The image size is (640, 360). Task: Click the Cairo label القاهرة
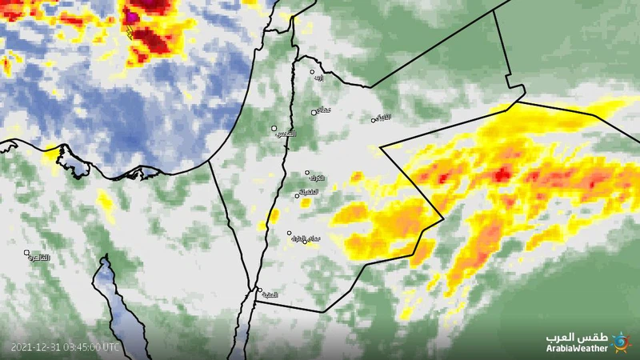click(x=38, y=258)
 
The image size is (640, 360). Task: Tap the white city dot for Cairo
click(x=26, y=253)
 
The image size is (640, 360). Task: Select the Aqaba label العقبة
click(x=270, y=295)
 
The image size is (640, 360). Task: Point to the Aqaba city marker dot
click(x=259, y=290)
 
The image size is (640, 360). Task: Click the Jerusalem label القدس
click(x=285, y=133)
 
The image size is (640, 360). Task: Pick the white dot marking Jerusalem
click(x=274, y=128)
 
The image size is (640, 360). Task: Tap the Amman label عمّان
click(x=324, y=109)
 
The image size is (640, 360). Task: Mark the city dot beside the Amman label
click(x=314, y=112)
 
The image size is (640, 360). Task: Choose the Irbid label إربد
click(x=319, y=78)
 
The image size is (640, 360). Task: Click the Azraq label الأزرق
click(x=384, y=118)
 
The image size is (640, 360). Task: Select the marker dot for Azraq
click(x=373, y=120)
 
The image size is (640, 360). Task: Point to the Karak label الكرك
click(x=318, y=178)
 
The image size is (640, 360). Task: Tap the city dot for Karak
click(x=306, y=172)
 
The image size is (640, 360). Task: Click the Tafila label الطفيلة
click(x=308, y=192)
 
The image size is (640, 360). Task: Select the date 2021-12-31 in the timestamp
click(x=38, y=347)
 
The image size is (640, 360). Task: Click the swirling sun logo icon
click(x=620, y=342)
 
